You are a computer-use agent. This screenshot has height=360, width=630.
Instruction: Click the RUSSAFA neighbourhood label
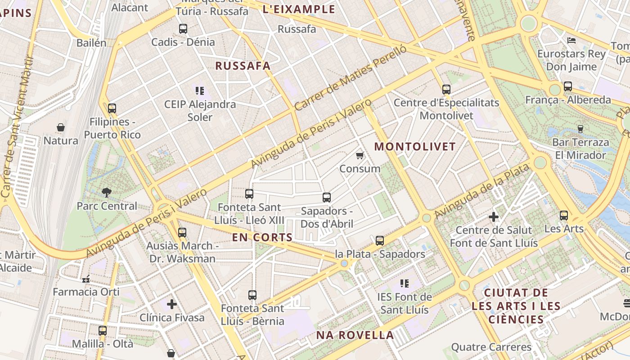[x=243, y=66]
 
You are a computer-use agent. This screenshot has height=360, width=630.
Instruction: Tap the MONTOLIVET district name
[x=415, y=147]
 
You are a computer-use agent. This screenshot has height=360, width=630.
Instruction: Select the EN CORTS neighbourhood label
[x=262, y=237]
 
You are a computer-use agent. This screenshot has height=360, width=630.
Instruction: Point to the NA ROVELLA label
[x=355, y=335]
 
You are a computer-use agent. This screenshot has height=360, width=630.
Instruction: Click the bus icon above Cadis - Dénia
[x=183, y=29]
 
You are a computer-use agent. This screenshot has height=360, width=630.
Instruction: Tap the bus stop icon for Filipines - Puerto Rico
[x=112, y=108]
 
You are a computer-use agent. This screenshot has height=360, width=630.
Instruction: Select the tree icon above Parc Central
[x=107, y=193]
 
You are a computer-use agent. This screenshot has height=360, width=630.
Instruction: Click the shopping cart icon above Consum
[x=360, y=156]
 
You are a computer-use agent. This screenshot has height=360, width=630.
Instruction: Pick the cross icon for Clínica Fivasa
[x=172, y=304]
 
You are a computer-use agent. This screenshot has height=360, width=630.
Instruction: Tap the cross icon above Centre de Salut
[x=494, y=217]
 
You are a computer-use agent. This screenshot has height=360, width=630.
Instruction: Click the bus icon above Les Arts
[x=564, y=216]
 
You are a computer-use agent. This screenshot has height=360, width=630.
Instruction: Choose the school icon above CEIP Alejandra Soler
[x=200, y=91]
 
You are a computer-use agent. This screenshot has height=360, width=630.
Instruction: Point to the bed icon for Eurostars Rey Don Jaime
[x=571, y=40]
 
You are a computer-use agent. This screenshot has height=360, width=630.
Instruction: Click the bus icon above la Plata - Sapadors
[x=380, y=241]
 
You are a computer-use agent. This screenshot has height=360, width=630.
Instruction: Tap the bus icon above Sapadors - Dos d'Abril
[x=327, y=197]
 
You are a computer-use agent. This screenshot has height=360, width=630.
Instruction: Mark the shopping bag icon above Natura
[x=61, y=127]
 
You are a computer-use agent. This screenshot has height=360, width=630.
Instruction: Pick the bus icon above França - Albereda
[x=568, y=86]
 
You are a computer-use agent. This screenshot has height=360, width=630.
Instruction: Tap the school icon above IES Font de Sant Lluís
[x=405, y=283]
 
